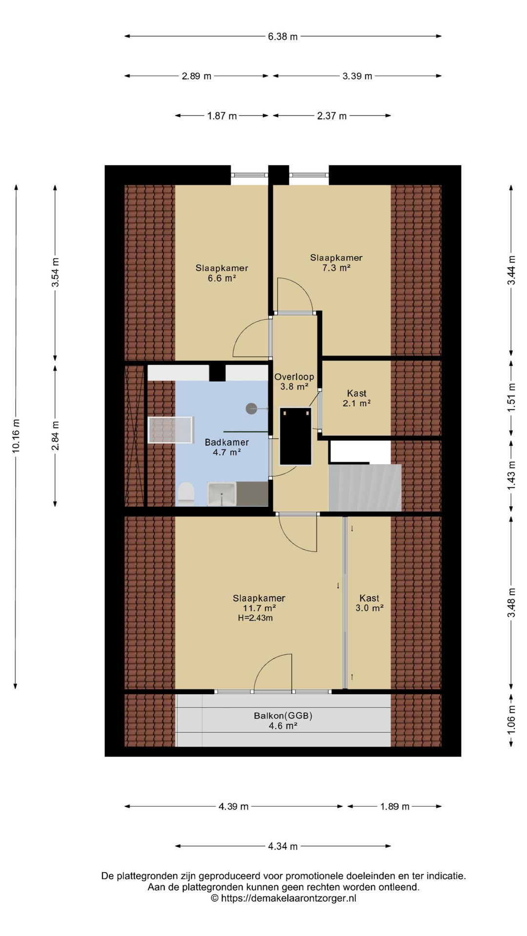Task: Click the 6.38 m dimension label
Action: pyautogui.click(x=283, y=37)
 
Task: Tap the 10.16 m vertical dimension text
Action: pyautogui.click(x=16, y=436)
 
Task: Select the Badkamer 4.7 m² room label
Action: pyautogui.click(x=227, y=447)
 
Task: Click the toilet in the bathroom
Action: pyautogui.click(x=186, y=493)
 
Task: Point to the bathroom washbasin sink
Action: pyautogui.click(x=222, y=494)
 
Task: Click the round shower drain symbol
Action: pyautogui.click(x=251, y=409)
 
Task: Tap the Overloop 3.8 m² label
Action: pyautogui.click(x=294, y=382)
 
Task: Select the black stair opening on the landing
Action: pyautogui.click(x=295, y=436)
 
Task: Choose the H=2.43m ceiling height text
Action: pyautogui.click(x=255, y=618)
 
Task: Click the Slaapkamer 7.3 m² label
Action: pyautogui.click(x=336, y=262)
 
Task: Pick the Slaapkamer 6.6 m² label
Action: pyautogui.click(x=222, y=273)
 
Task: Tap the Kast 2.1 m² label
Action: pyautogui.click(x=357, y=398)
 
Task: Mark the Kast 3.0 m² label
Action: pyautogui.click(x=369, y=603)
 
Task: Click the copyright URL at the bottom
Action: pyautogui.click(x=284, y=898)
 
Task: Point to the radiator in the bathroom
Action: pyautogui.click(x=171, y=430)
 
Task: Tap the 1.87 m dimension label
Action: pyautogui.click(x=222, y=116)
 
